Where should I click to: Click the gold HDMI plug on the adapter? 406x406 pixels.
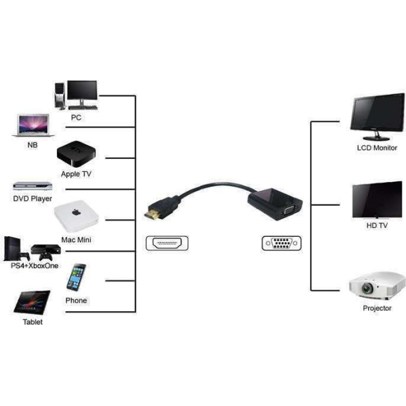coord(152,215)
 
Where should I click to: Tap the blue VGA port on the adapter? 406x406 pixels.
coord(289,210)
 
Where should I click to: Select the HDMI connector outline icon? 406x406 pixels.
coord(167,243)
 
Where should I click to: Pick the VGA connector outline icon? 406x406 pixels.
coord(281,243)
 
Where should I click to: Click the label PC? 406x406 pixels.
coord(76,118)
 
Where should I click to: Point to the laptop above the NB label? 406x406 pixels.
coord(33,125)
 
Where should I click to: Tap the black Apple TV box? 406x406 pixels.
coord(76,154)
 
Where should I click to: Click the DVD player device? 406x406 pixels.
coord(32,186)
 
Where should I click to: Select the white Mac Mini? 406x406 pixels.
coord(76,217)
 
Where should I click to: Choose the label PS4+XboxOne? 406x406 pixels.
coord(35,266)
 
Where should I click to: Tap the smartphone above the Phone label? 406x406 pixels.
coord(76,277)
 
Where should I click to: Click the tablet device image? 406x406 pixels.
coord(32,302)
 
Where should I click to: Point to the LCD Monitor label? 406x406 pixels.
coord(377,148)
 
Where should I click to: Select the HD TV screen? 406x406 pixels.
coord(378,200)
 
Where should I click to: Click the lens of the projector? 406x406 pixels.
coord(367,288)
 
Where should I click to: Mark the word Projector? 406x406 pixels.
coord(377,308)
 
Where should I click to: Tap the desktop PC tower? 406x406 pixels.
coord(60,95)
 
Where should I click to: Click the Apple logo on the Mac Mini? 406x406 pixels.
coord(76,212)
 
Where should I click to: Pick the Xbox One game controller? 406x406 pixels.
coord(46,256)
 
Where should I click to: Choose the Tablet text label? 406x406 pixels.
coord(32,322)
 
